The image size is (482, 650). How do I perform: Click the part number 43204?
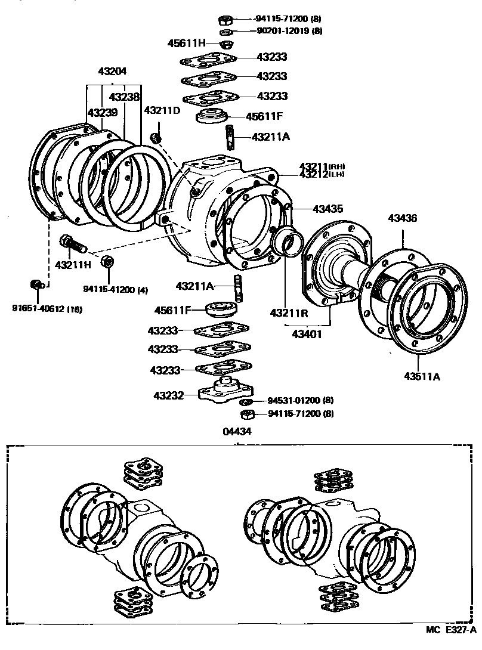[112, 71]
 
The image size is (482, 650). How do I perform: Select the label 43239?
[102, 112]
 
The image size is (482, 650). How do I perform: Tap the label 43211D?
[162, 110]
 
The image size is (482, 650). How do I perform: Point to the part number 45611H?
[186, 43]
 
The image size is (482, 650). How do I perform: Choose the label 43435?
[328, 209]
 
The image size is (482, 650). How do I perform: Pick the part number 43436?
[403, 219]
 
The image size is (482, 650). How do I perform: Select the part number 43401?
[307, 334]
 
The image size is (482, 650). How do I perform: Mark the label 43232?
[168, 395]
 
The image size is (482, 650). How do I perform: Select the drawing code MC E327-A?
[451, 644]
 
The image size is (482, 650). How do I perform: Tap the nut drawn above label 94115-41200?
[108, 261]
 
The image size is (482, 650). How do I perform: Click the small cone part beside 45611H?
[227, 44]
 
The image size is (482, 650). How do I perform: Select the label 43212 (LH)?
[322, 174]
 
